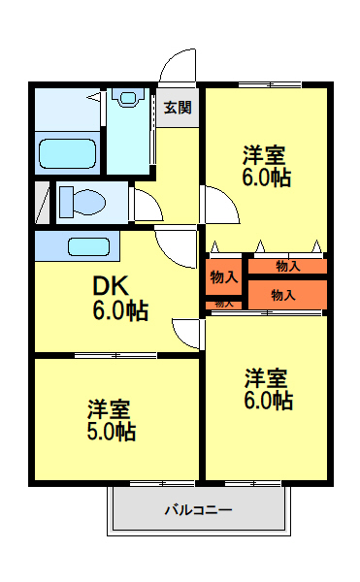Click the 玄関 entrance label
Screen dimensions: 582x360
(x=177, y=107)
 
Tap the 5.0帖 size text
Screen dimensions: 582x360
(x=110, y=432)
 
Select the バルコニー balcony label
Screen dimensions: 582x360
(x=197, y=509)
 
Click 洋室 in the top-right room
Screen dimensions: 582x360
(x=266, y=154)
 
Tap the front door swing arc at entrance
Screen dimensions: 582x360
(x=177, y=66)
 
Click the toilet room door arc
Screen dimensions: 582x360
(x=146, y=206)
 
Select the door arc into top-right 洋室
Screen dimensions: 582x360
(x=217, y=206)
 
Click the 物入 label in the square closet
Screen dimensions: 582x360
(x=223, y=277)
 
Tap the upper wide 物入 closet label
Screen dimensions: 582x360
(x=287, y=265)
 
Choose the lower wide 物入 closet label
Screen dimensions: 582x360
(x=283, y=294)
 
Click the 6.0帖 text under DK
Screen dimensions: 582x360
(x=120, y=310)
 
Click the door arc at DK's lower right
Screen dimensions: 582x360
(x=186, y=332)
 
